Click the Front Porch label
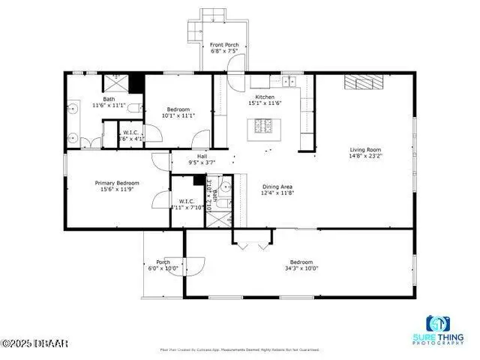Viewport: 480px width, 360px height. (224, 45)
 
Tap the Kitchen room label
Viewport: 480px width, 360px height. (265, 97)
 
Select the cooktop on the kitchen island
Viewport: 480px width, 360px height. (263, 125)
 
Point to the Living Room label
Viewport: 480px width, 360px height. (365, 148)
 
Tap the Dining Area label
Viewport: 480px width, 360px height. (277, 186)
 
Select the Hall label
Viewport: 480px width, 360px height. (202, 155)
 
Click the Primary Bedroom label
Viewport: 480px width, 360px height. (117, 182)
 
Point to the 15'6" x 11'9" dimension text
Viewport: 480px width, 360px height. (117, 190)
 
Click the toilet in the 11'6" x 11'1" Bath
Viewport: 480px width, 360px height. (134, 109)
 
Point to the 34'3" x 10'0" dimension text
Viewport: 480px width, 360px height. (301, 268)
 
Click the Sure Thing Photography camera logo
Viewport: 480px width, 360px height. (438, 324)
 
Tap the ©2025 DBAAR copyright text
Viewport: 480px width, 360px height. (34, 343)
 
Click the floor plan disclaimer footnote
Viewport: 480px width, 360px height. (240, 349)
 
